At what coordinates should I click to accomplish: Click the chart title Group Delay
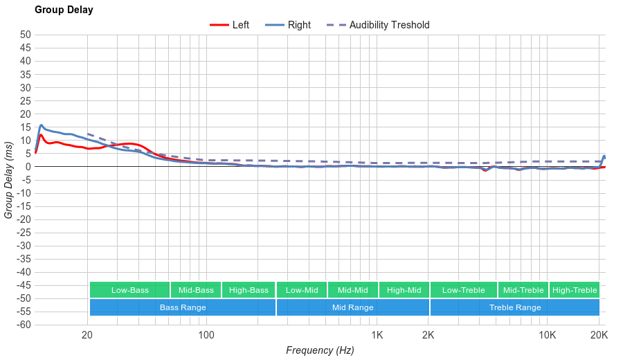[64, 10]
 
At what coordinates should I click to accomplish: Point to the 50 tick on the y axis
[26, 35]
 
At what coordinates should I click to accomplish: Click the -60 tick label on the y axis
[24, 325]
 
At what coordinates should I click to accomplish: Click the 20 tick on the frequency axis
[87, 336]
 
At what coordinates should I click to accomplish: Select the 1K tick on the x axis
[377, 336]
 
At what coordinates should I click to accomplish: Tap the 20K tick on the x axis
[599, 336]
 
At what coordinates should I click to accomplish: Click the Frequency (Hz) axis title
[320, 350]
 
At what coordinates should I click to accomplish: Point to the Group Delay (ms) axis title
[9, 179]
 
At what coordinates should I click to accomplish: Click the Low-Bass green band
[129, 290]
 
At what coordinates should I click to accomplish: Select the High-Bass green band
[249, 290]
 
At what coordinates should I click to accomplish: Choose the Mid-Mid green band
[353, 290]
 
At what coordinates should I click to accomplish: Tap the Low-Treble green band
[463, 290]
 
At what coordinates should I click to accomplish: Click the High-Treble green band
[575, 290]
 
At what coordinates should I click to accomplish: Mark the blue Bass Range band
[183, 307]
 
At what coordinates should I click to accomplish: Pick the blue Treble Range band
[515, 307]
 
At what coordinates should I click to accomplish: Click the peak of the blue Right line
[42, 125]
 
